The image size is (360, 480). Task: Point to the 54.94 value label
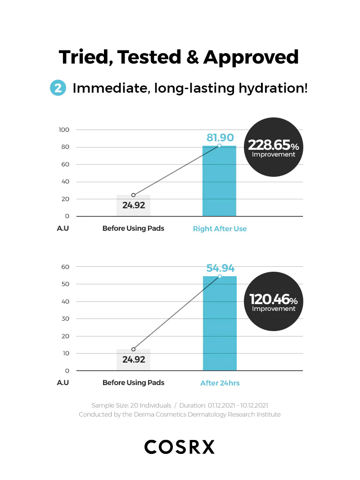tap(220, 268)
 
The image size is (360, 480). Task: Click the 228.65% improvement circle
tap(273, 148)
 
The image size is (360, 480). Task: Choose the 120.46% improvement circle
tap(273, 303)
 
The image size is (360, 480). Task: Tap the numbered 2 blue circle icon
tap(58, 88)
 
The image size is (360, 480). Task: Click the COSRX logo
tap(180, 447)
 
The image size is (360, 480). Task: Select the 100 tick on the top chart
tap(64, 130)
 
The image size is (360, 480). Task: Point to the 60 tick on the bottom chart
tap(65, 267)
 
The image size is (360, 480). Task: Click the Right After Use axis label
tap(220, 229)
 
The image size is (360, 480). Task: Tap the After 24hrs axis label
tap(220, 383)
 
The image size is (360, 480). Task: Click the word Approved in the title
tap(251, 57)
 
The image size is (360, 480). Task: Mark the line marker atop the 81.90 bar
tap(219, 146)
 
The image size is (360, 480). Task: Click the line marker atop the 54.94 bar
tap(220, 276)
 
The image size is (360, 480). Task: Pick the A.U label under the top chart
tap(63, 228)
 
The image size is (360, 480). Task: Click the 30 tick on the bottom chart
tap(65, 319)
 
